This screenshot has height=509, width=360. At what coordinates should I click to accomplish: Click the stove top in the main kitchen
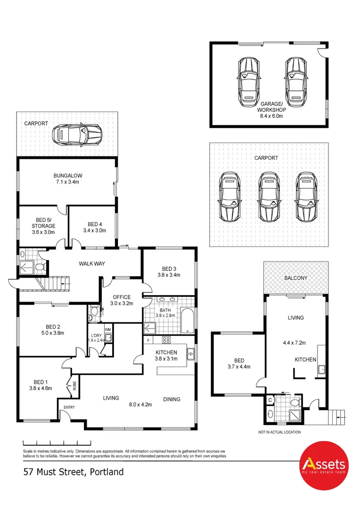pyautogui.click(x=166, y=340)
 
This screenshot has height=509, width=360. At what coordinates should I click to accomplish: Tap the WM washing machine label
pyautogui.click(x=107, y=329)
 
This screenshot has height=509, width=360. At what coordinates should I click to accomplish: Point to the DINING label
pyautogui.click(x=172, y=399)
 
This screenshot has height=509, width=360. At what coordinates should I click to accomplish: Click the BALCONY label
pyautogui.click(x=295, y=278)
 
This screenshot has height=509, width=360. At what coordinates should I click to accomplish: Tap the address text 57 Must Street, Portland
pyautogui.click(x=73, y=471)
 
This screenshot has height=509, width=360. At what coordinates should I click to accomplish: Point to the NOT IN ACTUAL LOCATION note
pyautogui.click(x=279, y=432)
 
